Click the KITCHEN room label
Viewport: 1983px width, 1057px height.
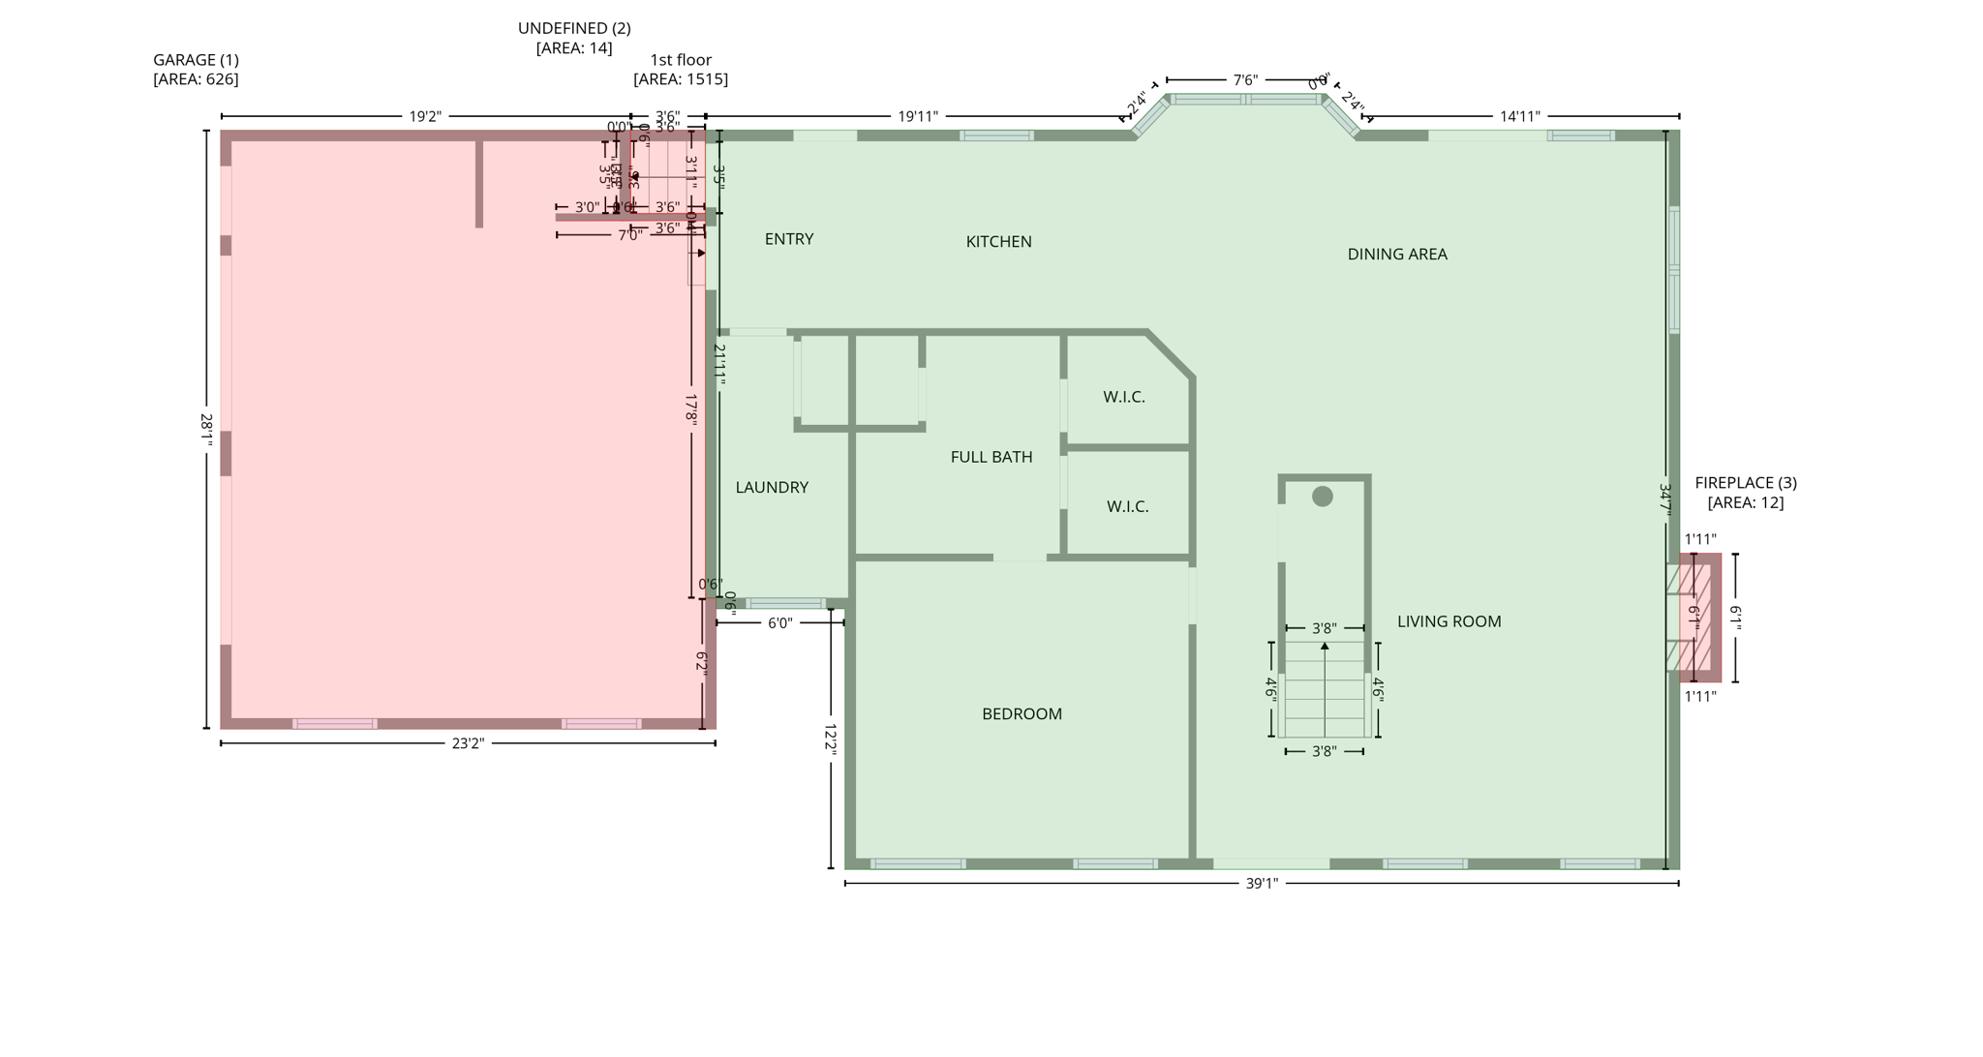[998, 242]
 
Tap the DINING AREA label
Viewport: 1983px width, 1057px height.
[1396, 255]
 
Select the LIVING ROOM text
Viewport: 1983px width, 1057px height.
[1449, 621]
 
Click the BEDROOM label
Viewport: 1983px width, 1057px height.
[1022, 714]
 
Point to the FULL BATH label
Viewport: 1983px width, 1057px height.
[991, 457]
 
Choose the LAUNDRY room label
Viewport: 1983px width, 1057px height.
[771, 488]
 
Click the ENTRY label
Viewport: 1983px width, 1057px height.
[788, 239]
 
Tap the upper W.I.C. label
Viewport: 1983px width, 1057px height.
[1123, 397]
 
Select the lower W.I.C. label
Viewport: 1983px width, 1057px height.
[1127, 506]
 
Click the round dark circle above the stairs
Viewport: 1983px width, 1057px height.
[1322, 497]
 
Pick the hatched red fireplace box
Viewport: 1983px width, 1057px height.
[1699, 618]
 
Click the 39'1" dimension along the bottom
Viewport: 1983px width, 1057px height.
[1261, 883]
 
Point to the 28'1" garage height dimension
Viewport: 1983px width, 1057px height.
[206, 428]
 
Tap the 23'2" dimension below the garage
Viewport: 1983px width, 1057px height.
[468, 743]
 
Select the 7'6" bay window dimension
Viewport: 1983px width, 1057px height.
[1244, 80]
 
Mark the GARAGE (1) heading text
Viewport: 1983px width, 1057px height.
[196, 60]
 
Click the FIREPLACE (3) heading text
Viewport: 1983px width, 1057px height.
[1745, 483]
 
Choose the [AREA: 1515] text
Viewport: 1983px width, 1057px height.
[680, 79]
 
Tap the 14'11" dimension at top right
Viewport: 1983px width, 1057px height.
[1518, 117]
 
